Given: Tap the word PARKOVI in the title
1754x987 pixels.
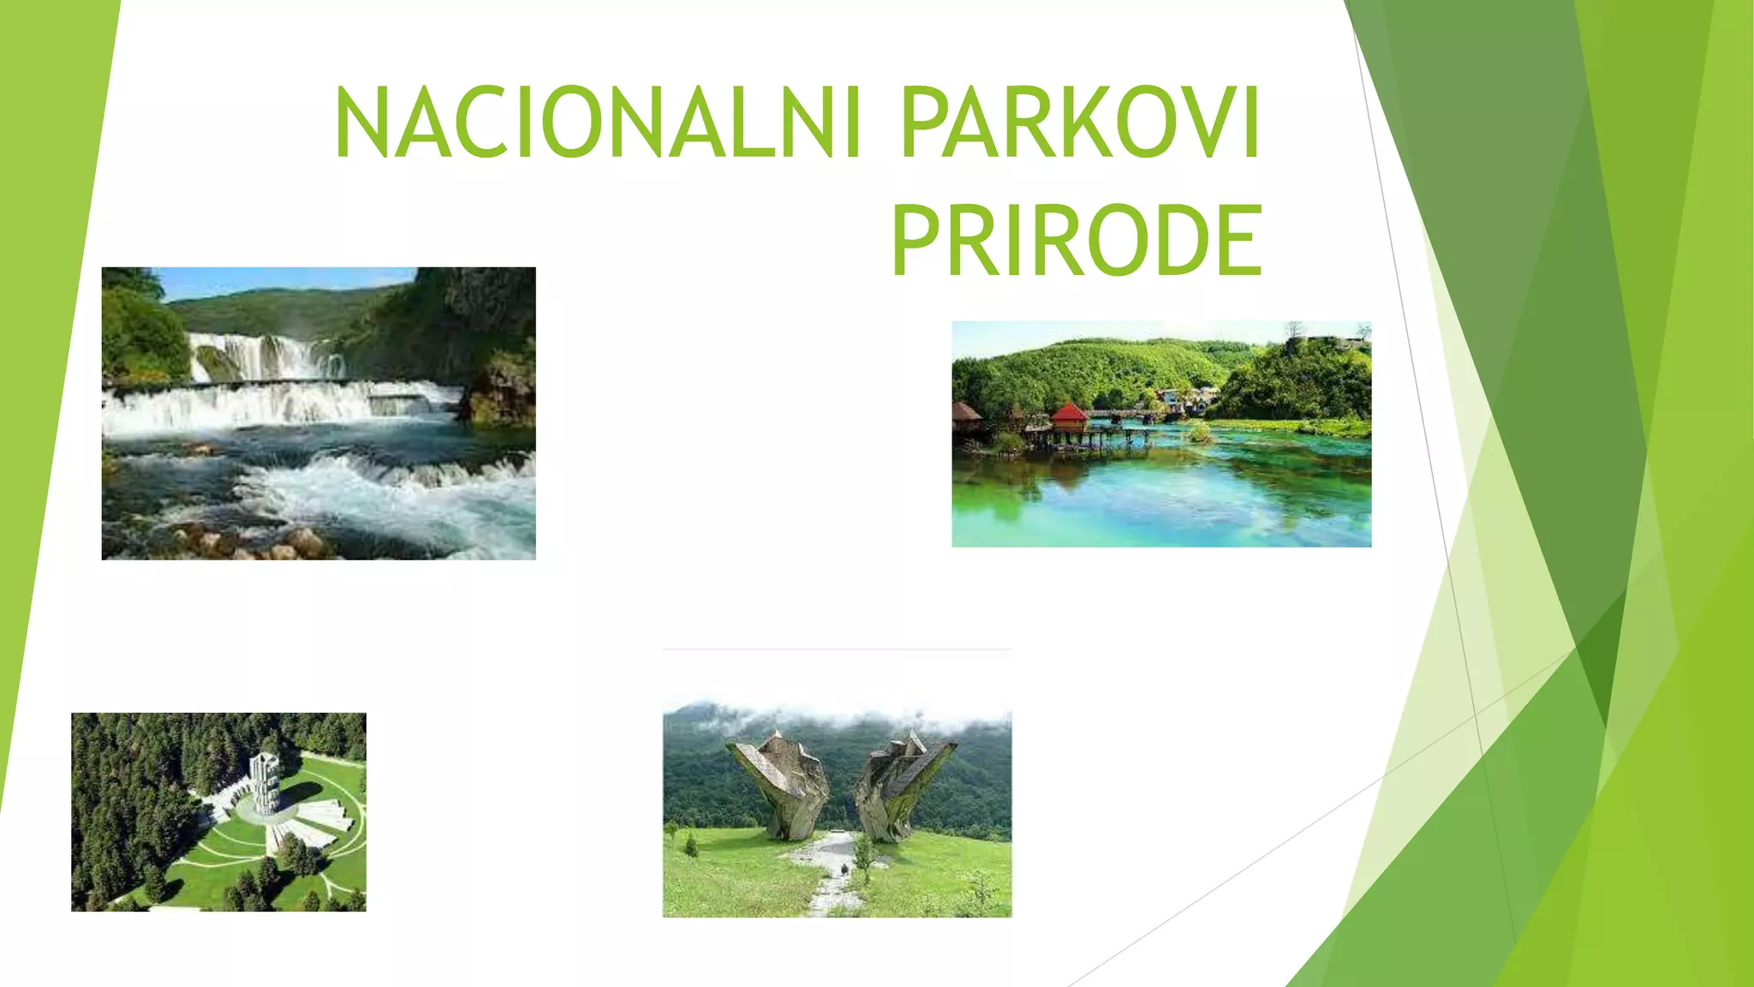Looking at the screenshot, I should pyautogui.click(x=1079, y=123).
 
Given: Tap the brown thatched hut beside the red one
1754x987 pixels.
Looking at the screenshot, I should pyautogui.click(x=966, y=413).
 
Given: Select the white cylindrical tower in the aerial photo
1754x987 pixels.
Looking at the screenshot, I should pyautogui.click(x=264, y=782).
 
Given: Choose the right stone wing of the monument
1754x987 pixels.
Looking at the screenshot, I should pyautogui.click(x=903, y=780).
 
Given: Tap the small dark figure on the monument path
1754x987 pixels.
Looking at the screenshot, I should pyautogui.click(x=845, y=869).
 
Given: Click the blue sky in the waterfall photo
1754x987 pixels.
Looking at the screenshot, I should pyautogui.click(x=283, y=280).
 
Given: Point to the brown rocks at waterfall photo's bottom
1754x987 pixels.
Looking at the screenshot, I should pyautogui.click(x=257, y=544).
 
